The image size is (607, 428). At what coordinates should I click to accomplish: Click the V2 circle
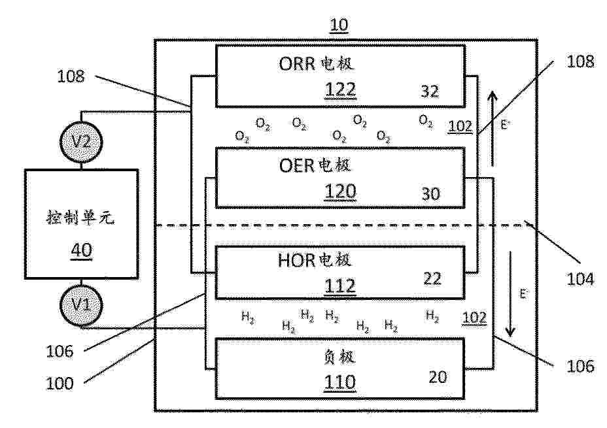[81, 142]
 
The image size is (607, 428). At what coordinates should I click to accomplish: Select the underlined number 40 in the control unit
[82, 250]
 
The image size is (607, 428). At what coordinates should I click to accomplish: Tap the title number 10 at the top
[339, 25]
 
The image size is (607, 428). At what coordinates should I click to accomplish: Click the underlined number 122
[340, 90]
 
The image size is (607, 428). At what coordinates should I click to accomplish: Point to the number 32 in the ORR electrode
[430, 91]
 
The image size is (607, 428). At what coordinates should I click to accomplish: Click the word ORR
[296, 64]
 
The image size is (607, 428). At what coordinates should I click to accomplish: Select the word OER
[296, 165]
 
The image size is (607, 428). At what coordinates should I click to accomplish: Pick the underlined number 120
[340, 191]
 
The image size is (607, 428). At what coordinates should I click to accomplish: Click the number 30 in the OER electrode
[430, 193]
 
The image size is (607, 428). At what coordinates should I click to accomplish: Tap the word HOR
[296, 260]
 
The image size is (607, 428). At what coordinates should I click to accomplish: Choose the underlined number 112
[340, 286]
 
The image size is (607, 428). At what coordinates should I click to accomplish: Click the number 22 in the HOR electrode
[432, 278]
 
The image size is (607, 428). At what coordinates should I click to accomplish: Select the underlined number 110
[340, 382]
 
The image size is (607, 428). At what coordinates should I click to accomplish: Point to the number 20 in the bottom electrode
[438, 377]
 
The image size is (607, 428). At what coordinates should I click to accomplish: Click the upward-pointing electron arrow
[492, 128]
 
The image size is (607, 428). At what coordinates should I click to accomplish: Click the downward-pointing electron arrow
[511, 294]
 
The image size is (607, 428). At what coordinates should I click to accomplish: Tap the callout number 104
[580, 279]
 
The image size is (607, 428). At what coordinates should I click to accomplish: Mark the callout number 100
[60, 384]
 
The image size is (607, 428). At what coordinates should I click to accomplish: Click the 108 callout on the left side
[71, 76]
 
